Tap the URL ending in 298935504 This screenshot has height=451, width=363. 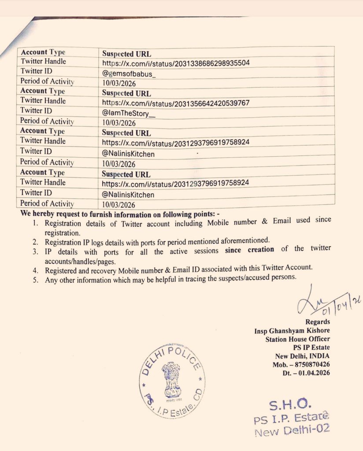[176, 63]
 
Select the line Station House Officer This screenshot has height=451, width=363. [297, 339]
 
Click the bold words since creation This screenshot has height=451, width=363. [249, 249]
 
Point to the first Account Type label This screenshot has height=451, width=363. [43, 52]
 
